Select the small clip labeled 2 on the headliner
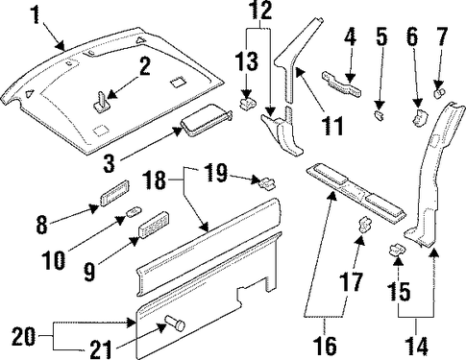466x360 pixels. point(102,102)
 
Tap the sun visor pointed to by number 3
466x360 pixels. point(207,120)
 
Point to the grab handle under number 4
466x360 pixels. point(341,84)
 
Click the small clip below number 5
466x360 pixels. point(379,116)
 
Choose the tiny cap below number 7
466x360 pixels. point(439,93)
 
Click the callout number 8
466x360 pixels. point(41,225)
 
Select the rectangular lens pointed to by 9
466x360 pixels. point(154,225)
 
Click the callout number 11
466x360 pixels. point(332,126)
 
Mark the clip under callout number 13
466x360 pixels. point(249,103)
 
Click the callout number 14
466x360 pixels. point(417,346)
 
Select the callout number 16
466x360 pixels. point(326,346)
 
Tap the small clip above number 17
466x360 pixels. point(365,224)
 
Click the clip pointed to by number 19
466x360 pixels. point(266,183)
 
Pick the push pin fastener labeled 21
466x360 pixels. point(176,324)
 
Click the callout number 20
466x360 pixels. point(24,337)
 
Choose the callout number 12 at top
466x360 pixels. point(261,11)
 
